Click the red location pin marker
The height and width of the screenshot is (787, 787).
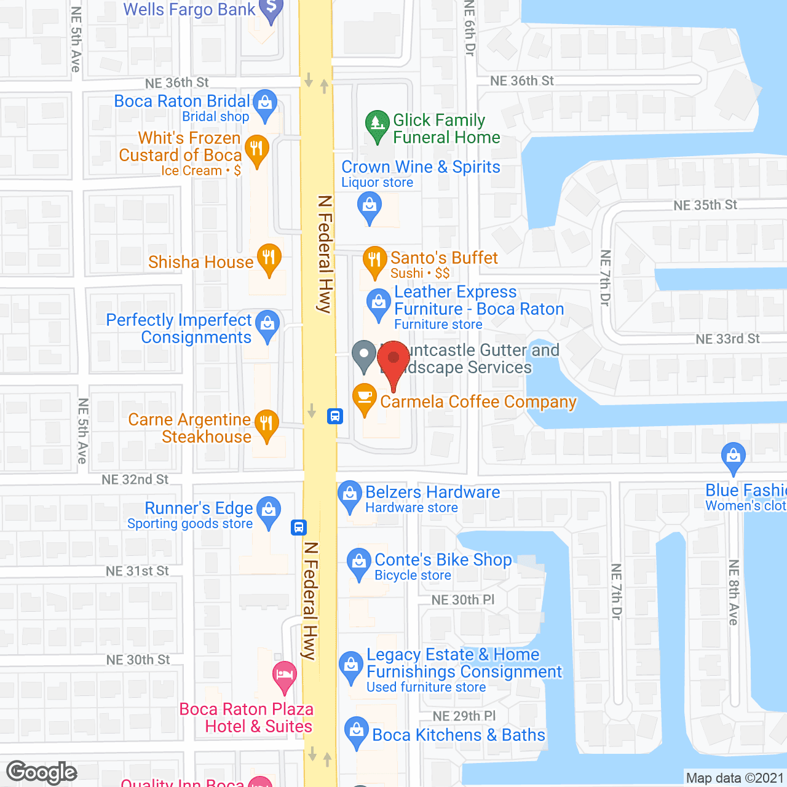(393, 360)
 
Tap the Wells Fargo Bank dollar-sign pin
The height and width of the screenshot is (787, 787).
(271, 10)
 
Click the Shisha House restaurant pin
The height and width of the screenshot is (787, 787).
(269, 258)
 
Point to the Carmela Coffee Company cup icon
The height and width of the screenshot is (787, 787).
(365, 398)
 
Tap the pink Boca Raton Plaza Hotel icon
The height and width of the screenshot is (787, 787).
(284, 674)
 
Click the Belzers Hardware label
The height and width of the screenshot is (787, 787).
(432, 492)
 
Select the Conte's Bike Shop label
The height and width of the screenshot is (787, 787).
(443, 560)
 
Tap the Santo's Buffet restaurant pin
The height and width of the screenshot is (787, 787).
(374, 261)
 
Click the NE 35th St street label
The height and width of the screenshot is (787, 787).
(705, 205)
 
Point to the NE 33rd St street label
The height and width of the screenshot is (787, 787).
(727, 339)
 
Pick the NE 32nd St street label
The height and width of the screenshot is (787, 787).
(135, 480)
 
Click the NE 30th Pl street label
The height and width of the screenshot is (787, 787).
(462, 599)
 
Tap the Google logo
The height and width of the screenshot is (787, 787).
(42, 772)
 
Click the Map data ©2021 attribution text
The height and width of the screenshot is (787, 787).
(735, 778)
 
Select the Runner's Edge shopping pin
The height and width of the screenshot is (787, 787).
(269, 511)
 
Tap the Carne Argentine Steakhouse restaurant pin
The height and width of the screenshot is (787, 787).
(266, 424)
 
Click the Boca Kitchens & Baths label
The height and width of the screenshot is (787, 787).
(459, 735)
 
